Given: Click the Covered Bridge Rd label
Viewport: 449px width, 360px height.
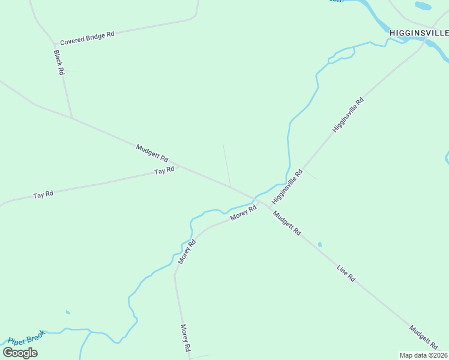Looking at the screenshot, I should (x=87, y=39).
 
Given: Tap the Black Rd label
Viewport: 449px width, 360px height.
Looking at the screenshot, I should (x=58, y=62).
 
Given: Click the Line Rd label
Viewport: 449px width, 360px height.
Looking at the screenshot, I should (x=346, y=271).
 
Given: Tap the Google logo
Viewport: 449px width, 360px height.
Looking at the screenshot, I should (x=20, y=352).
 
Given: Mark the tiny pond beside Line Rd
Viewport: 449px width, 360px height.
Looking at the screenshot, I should (x=319, y=244).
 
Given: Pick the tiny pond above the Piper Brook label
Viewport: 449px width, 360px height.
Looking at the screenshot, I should (x=68, y=312).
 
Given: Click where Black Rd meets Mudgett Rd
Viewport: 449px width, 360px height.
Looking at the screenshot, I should (x=73, y=118).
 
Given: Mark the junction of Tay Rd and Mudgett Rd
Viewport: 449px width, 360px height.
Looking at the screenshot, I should (x=178, y=167).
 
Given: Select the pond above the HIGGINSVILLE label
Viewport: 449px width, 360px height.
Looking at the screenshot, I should (x=423, y=6).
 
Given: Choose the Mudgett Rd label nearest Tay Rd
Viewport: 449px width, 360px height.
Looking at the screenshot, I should (x=151, y=154).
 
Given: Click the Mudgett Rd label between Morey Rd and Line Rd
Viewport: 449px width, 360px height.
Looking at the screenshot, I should (x=286, y=222).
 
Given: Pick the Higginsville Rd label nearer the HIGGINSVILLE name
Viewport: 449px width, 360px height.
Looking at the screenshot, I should (x=348, y=116).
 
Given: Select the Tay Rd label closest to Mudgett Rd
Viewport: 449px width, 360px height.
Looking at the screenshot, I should (x=164, y=170).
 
